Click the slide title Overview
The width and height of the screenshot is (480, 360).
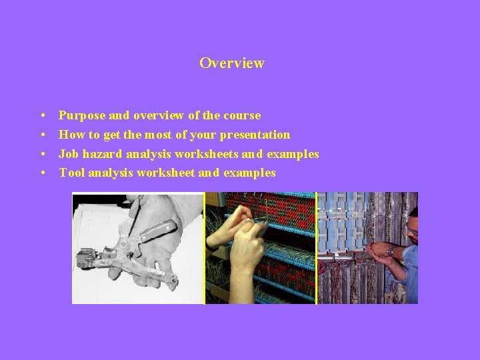click(x=231, y=63)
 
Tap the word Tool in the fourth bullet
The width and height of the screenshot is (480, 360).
click(x=71, y=173)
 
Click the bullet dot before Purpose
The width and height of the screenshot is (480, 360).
click(x=42, y=116)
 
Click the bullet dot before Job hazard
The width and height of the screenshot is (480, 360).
click(x=42, y=155)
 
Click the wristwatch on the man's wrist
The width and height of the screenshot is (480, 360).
click(x=391, y=251)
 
